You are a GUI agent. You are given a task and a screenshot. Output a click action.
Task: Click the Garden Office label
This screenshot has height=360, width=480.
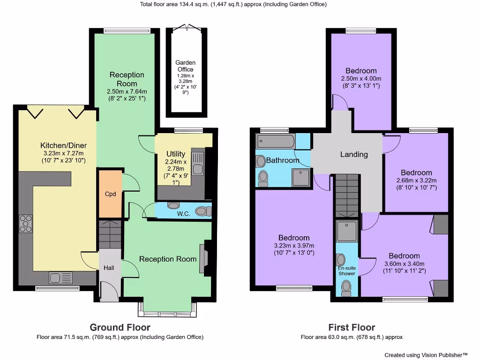point(185,66)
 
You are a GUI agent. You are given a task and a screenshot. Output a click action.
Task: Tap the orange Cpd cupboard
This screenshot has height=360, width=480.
point(110,194)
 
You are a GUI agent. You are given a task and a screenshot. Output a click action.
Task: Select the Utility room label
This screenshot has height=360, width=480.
point(176,154)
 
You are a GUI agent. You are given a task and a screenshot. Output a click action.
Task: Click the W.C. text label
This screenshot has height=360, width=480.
point(183,215)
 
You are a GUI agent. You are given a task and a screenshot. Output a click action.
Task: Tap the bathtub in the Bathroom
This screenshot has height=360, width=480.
point(275,141)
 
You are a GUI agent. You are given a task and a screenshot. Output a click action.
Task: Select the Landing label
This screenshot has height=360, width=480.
point(354,154)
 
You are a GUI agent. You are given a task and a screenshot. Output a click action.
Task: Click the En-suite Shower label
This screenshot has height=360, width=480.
point(347,271)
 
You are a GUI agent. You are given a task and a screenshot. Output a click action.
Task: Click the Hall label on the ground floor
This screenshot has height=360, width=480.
point(109,268)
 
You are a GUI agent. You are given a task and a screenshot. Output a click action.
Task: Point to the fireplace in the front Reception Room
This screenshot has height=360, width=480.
point(203,258)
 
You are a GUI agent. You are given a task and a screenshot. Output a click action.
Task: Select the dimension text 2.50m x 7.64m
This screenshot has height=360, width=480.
point(127,91)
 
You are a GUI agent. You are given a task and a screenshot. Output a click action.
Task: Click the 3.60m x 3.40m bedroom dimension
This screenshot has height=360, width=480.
point(404,263)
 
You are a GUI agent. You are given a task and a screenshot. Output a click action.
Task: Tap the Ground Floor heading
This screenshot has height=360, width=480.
point(120,327)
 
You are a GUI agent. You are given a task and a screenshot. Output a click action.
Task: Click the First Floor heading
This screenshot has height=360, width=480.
point(352,327)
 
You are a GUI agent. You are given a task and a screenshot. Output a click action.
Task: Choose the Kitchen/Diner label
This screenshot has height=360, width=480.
point(63,145)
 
